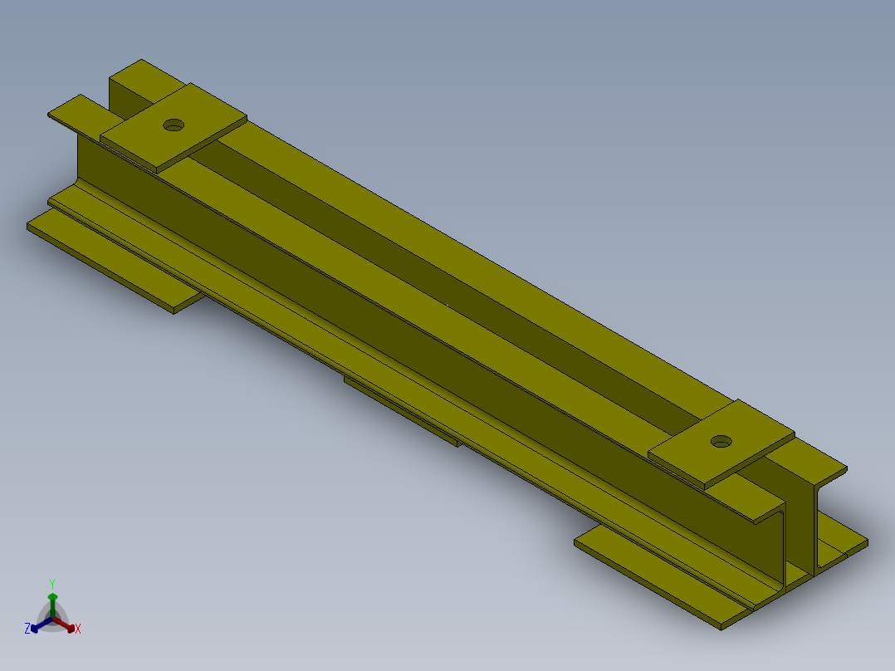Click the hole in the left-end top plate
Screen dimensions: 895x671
point(174,125)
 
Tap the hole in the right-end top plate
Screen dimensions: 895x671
point(721,442)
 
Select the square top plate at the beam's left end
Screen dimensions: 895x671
point(174,127)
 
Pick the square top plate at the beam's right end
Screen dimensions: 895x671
point(721,443)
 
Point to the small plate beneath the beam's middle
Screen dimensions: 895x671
point(402,411)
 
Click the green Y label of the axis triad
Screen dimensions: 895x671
point(52,584)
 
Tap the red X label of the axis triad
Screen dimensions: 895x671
point(78,629)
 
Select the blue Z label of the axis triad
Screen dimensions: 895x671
point(27,629)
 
